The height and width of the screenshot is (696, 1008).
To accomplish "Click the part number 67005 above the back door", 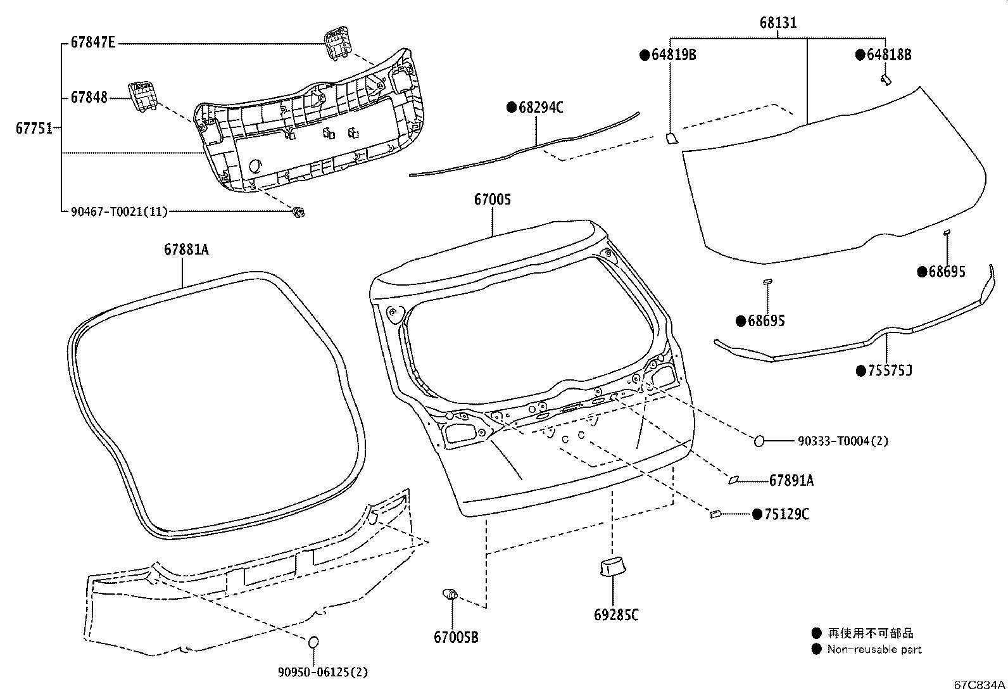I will (492, 199).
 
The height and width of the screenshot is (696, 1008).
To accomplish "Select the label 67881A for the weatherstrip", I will (186, 250).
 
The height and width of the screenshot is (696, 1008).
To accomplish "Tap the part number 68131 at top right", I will (778, 23).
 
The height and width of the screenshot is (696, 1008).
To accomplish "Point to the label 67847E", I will (93, 43).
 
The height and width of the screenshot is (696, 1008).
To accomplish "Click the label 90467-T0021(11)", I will (119, 212).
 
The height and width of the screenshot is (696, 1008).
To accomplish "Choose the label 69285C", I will (616, 615).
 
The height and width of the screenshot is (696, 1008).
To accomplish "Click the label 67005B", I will (456, 638).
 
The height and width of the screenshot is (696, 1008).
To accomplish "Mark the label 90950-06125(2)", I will (322, 673).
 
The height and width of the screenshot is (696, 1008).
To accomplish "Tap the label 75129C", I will (786, 514).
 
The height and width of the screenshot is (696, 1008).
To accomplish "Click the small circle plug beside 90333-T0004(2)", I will (759, 441).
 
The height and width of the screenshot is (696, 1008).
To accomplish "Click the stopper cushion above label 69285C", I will (611, 567).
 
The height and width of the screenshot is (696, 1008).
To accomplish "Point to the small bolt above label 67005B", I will (450, 594).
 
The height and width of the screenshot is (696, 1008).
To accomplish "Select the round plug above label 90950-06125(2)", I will (313, 642).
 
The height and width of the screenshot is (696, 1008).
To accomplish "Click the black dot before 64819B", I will (645, 55).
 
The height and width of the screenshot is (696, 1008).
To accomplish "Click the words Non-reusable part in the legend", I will (874, 649).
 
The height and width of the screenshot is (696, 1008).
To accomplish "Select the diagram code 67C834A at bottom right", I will (980, 685).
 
